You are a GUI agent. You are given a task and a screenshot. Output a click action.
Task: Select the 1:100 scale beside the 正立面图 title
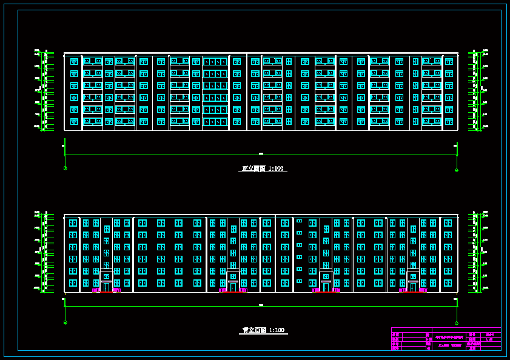pos(276,168)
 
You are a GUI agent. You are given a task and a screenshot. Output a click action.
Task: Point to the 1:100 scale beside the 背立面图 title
pos(276,330)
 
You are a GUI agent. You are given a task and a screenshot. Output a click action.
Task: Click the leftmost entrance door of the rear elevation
pos(106,286)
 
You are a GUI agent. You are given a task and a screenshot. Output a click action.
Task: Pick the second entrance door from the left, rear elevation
pos(233,286)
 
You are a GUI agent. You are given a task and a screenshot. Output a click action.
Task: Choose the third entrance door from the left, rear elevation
pos(326,286)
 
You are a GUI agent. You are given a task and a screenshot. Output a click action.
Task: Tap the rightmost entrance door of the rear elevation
pos(413,286)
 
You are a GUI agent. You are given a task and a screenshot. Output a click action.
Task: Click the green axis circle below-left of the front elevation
pos(65,168)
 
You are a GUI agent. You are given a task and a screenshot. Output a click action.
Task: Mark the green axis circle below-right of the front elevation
pos(457,170)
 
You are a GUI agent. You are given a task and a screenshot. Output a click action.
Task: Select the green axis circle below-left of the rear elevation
pos(65,322)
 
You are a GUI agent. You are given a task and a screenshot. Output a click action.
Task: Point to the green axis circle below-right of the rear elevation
pos(457,323)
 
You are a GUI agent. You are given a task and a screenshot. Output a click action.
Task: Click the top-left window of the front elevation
pos(74,61)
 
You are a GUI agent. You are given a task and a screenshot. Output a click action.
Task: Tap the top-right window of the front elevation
pos(449,61)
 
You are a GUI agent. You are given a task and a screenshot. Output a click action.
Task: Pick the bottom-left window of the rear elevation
pos(73,283)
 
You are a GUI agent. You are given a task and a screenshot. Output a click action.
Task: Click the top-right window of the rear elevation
pos(448,223)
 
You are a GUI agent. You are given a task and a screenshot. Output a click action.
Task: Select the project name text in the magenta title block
pos(449,337)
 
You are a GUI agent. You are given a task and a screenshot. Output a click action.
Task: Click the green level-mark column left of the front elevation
pos(45,91)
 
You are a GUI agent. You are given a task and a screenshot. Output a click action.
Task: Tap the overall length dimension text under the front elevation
pos(261,153)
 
